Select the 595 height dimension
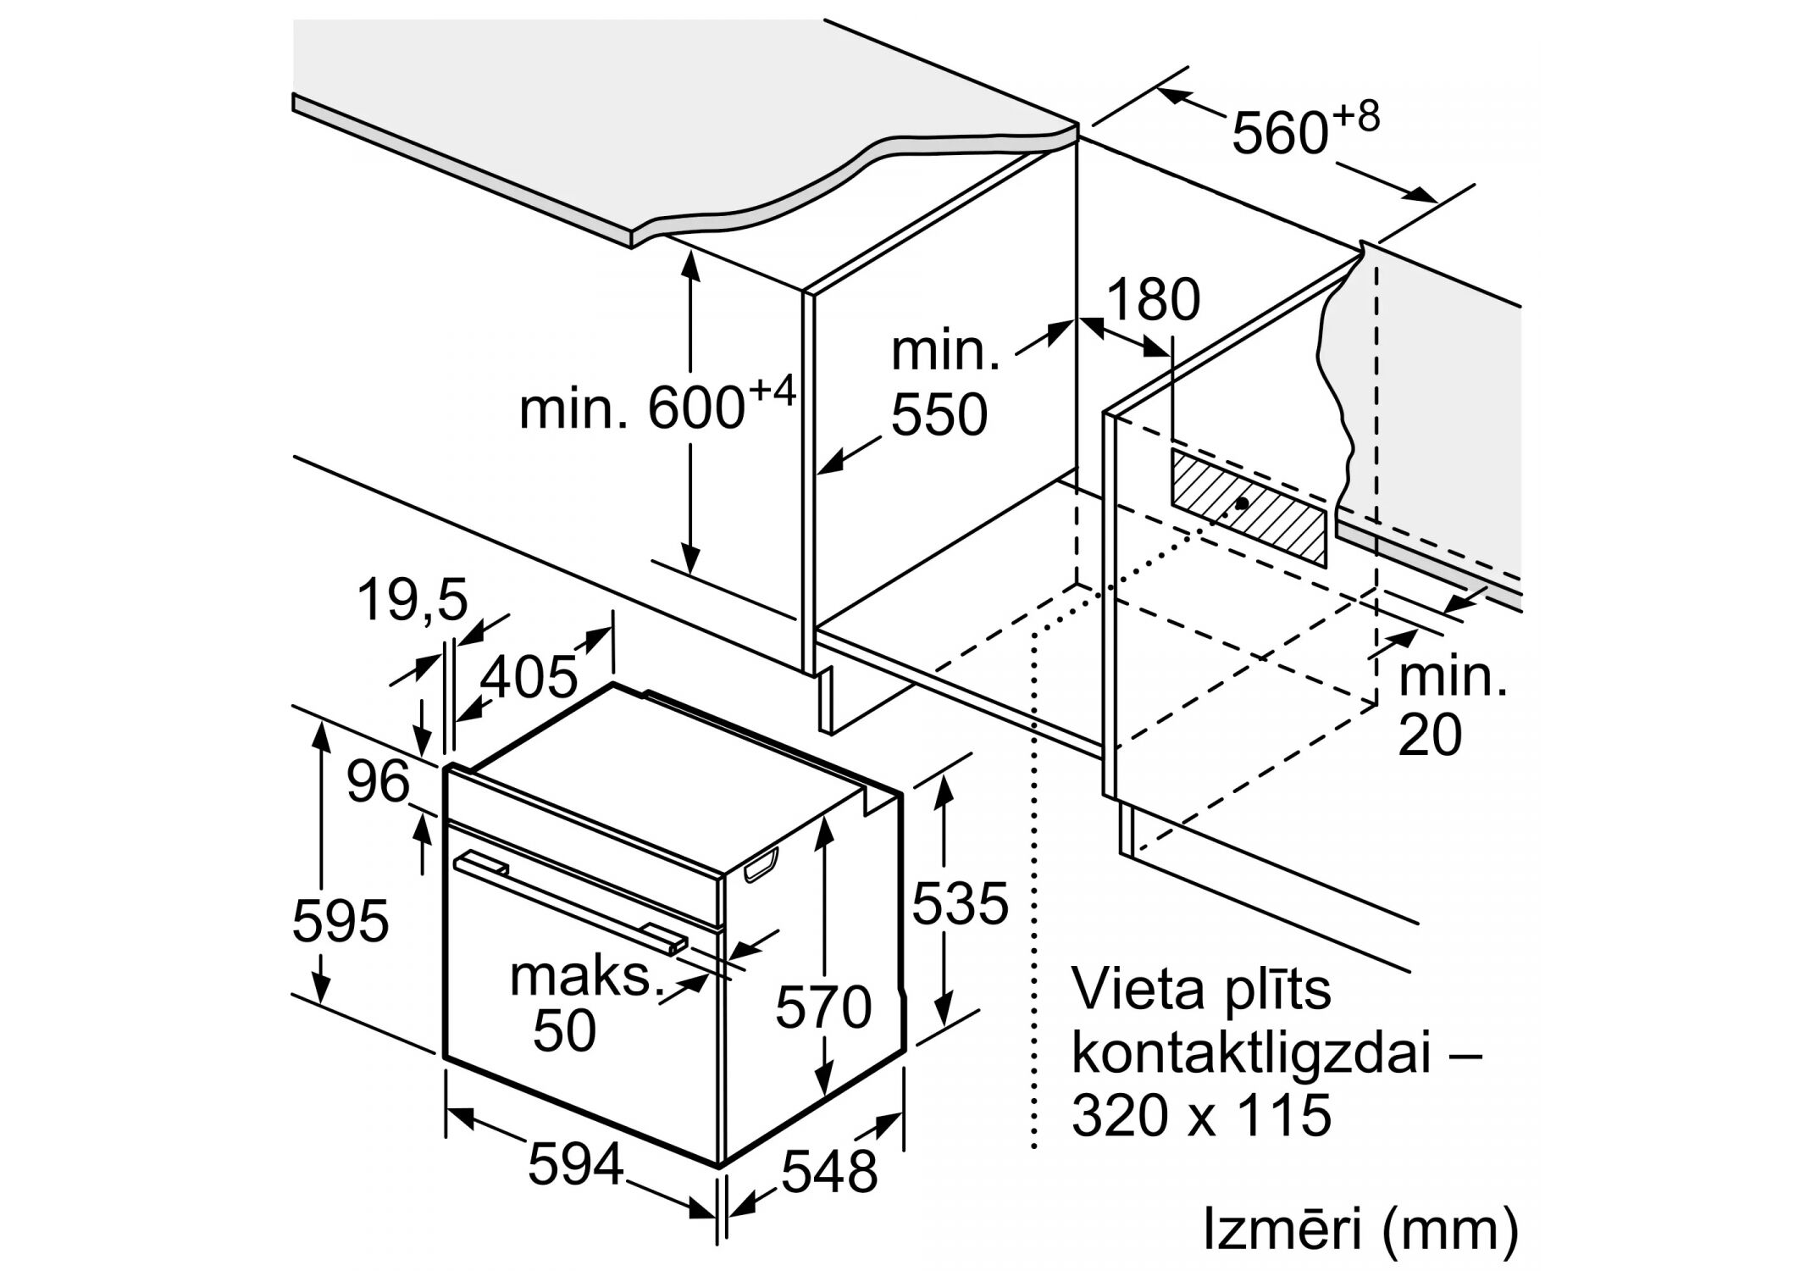click(x=340, y=920)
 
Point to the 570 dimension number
click(x=823, y=1007)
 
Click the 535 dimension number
click(x=960, y=902)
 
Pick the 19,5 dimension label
click(x=413, y=600)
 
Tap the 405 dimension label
click(x=529, y=676)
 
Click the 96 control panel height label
click(x=378, y=782)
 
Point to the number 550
click(x=939, y=414)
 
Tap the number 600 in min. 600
click(x=695, y=408)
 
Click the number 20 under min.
click(x=1429, y=734)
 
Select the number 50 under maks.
click(x=565, y=1030)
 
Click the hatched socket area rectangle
click(x=1247, y=507)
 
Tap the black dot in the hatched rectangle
click(x=1242, y=503)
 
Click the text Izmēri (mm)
click(x=1360, y=1231)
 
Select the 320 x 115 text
click(x=1201, y=1115)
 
